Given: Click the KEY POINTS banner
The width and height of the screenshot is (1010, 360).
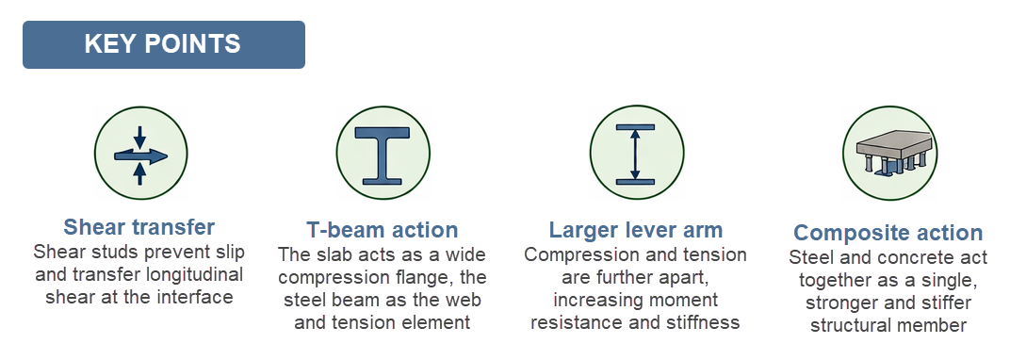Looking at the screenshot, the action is [164, 44].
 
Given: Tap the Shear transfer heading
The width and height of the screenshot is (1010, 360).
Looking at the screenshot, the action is [139, 227].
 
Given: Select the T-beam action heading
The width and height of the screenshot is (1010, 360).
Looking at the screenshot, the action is [383, 230].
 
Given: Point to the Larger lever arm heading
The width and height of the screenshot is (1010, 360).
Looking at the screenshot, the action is [636, 230].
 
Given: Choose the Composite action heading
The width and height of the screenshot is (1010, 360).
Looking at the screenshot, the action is [888, 233].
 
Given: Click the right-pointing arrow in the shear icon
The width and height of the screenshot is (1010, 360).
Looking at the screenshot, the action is [140, 155].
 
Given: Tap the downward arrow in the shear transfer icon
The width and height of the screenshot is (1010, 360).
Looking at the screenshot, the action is [140, 137].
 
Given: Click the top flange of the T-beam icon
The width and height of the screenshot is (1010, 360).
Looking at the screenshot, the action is [383, 133].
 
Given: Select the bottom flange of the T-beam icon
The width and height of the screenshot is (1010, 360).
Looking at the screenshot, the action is [383, 178].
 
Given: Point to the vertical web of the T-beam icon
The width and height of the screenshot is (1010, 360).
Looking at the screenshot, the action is [383, 155].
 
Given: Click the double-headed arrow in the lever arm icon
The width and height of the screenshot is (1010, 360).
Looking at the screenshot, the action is [636, 155].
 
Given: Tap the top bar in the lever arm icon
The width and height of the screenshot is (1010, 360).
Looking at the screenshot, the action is [636, 127].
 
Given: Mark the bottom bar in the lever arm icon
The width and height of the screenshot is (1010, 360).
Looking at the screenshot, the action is [636, 182].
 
